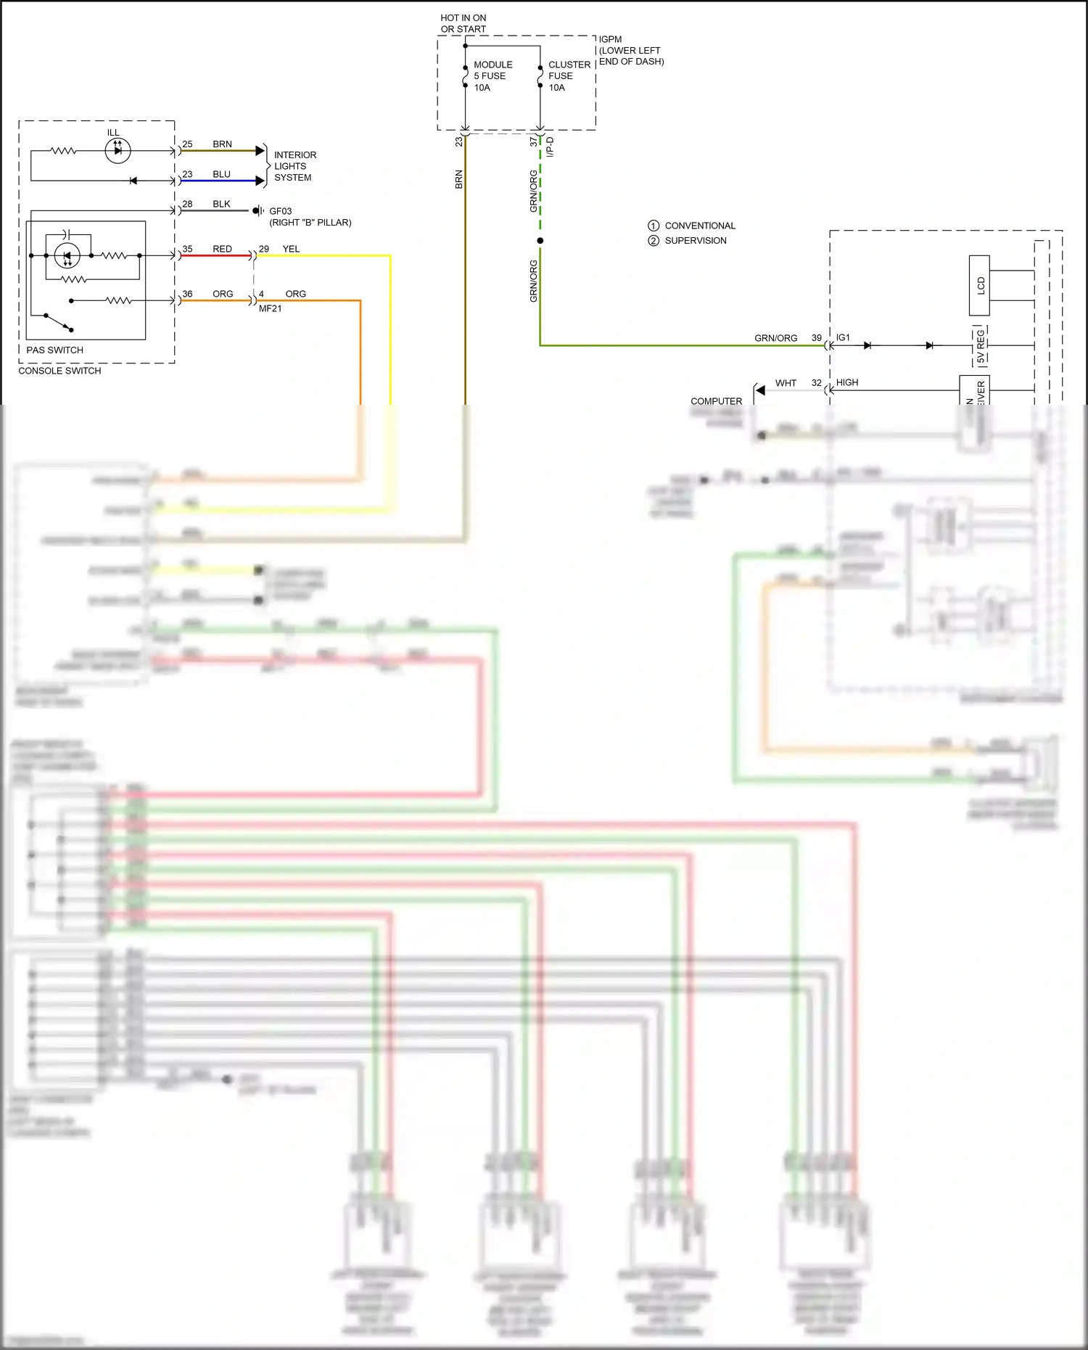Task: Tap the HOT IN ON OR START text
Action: tap(463, 23)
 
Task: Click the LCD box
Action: tap(979, 285)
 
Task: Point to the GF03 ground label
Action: tap(280, 211)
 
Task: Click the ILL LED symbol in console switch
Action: tap(118, 151)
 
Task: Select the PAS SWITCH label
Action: tap(54, 350)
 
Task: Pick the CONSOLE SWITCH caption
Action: tap(59, 371)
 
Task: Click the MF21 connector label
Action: tap(270, 308)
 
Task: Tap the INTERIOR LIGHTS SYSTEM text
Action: tap(294, 166)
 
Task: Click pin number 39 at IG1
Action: tap(816, 338)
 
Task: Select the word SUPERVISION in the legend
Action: tap(695, 241)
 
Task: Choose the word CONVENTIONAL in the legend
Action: tap(699, 226)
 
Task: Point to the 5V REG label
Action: tap(980, 346)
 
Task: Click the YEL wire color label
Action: tap(291, 249)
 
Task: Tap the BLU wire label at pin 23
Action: tap(221, 174)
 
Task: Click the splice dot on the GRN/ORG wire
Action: tap(540, 240)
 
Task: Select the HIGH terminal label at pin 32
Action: tap(846, 382)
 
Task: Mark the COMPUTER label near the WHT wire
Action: tap(716, 401)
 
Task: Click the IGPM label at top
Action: tap(610, 39)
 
